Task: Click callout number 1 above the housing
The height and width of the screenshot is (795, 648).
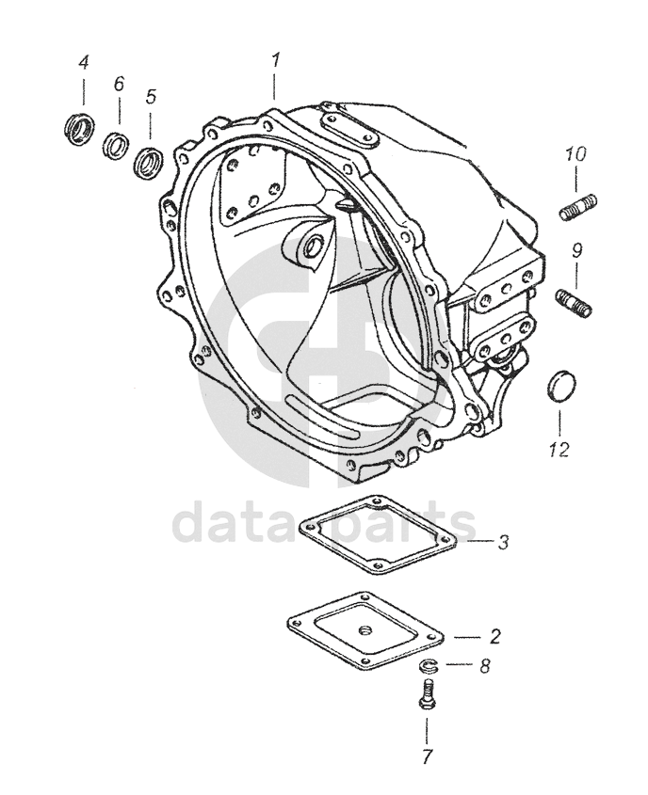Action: (275, 59)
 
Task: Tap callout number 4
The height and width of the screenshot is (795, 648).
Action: (83, 63)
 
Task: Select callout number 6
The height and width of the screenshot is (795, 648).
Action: (119, 84)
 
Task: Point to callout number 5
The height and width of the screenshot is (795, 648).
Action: (151, 96)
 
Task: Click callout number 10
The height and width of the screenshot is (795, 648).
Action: (576, 153)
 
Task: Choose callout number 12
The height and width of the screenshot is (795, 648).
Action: (559, 449)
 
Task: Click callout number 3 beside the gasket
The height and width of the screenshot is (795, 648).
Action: (504, 542)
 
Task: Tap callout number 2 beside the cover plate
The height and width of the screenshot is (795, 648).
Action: (494, 636)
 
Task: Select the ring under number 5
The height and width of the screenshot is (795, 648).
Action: (149, 161)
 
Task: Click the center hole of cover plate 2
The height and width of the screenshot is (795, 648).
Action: (365, 628)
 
